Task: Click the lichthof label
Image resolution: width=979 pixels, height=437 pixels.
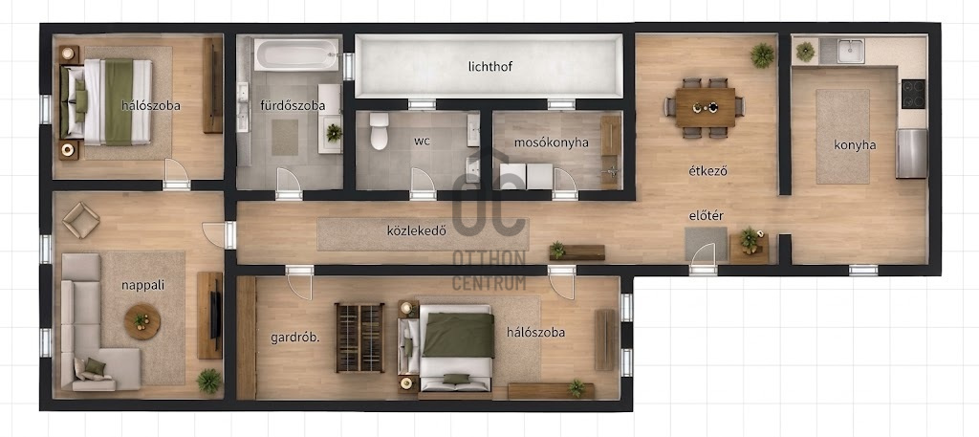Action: click(x=490, y=66)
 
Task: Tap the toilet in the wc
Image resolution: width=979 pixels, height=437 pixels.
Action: click(x=379, y=131)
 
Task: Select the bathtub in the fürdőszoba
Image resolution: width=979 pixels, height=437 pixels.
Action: click(x=296, y=55)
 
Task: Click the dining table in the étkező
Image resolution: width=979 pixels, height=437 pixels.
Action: click(x=706, y=107)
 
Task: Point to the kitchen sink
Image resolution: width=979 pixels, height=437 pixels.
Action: click(x=851, y=52)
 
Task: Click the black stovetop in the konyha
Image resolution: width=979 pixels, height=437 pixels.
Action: click(x=913, y=95)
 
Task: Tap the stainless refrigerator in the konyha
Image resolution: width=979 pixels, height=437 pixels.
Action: click(x=911, y=154)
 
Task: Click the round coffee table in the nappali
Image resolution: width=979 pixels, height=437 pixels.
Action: click(x=142, y=321)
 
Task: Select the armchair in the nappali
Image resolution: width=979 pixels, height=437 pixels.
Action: click(x=80, y=220)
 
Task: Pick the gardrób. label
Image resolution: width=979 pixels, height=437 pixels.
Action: click(x=295, y=338)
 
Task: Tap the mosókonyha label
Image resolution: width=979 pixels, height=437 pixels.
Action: click(x=552, y=142)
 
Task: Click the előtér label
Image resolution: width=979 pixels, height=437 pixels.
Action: click(x=706, y=216)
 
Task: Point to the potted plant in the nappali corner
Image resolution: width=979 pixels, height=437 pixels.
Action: click(x=208, y=381)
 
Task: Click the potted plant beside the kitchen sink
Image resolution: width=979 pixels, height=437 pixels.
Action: click(x=805, y=52)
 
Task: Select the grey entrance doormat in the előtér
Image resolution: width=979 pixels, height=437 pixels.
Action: click(x=707, y=244)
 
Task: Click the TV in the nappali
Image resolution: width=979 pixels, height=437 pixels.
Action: click(x=215, y=316)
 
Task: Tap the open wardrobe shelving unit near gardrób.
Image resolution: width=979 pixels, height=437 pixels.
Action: click(x=359, y=338)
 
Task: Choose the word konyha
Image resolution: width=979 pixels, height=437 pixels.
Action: click(x=855, y=145)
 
